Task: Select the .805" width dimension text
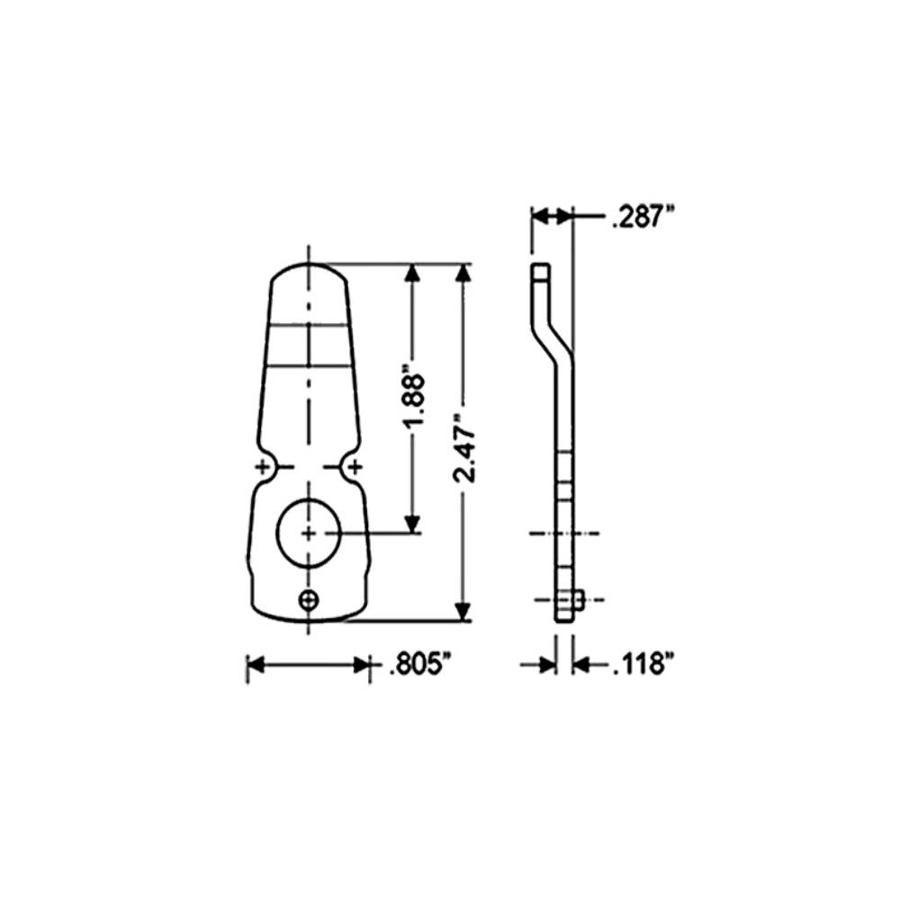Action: pos(418,666)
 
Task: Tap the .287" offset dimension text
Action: pos(642,217)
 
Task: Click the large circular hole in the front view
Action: pos(309,533)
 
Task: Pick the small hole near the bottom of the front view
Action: pos(310,599)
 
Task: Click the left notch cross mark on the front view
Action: pos(263,466)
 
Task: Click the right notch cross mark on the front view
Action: pos(355,466)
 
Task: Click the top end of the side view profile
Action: pos(538,269)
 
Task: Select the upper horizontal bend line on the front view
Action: pos(309,323)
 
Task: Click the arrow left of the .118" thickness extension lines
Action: pos(544,665)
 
